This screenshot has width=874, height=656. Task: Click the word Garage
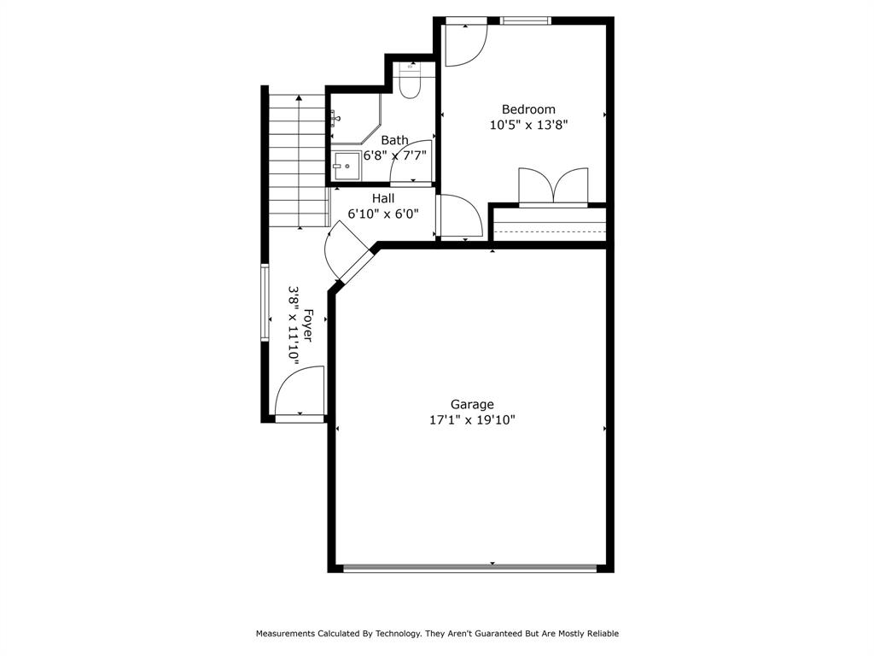[472, 404]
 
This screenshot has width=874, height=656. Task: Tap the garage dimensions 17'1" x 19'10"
[472, 419]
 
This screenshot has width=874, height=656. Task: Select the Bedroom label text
[528, 109]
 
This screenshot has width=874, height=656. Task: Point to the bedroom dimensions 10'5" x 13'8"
[528, 125]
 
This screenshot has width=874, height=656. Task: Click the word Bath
[394, 140]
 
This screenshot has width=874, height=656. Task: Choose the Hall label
[383, 198]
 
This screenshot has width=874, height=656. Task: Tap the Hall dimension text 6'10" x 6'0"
[383, 214]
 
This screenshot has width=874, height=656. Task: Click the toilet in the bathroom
[410, 81]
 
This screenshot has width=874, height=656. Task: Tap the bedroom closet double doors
[553, 187]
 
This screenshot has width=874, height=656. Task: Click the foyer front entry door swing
[299, 393]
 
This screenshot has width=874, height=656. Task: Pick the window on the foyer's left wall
[265, 303]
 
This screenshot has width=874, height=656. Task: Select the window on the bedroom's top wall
[526, 20]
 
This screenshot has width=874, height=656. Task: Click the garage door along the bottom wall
[469, 567]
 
